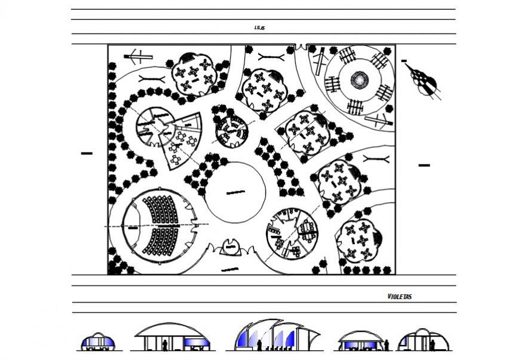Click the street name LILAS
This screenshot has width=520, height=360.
coord(259,28)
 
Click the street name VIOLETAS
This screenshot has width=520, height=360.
coord(399,296)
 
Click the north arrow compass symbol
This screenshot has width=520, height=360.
coord(424,80)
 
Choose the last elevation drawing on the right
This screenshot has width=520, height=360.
coord(425,340)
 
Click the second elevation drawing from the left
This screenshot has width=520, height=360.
coord(173,337)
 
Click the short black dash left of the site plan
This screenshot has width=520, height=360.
coord(87,154)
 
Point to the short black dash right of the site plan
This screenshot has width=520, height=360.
coord(424,164)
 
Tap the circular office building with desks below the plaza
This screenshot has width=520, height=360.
coord(290,233)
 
